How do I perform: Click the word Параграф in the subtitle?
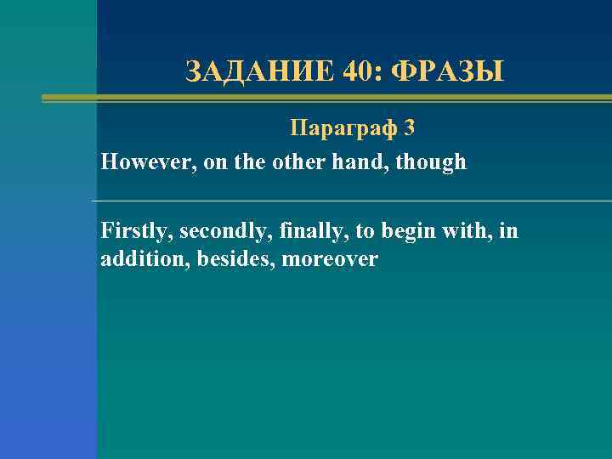pos(343,128)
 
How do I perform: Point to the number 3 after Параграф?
pos(410,128)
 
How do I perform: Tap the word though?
pos(436,162)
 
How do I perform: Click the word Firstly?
pos(136,230)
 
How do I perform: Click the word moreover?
pos(330,259)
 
